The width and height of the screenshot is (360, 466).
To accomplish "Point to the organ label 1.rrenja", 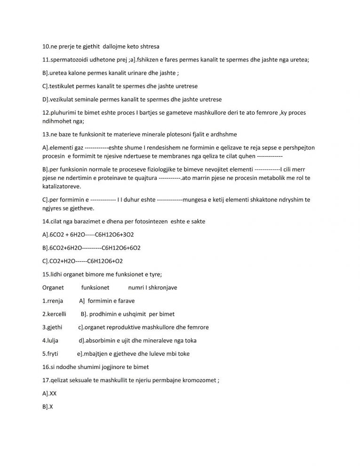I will [x=53, y=301].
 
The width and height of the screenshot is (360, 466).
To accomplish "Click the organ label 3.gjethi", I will [x=52, y=327].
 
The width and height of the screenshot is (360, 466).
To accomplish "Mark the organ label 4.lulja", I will [x=51, y=340].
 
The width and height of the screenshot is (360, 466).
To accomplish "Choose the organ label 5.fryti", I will [x=51, y=354].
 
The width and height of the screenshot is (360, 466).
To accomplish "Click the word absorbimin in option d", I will [x=101, y=340].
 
